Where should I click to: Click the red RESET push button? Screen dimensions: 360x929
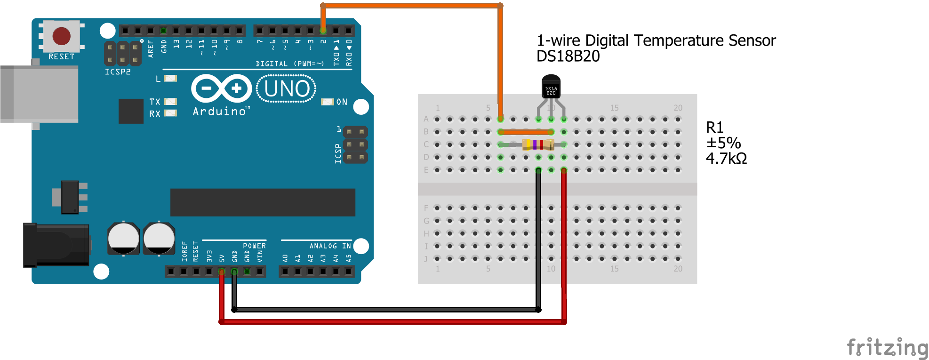[61, 36]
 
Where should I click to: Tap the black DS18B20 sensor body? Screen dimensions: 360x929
[551, 87]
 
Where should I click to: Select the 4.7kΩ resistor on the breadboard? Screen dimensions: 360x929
[538, 144]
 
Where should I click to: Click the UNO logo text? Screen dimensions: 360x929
[287, 89]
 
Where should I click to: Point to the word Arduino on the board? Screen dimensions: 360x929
[220, 112]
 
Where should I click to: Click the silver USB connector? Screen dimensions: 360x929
[40, 94]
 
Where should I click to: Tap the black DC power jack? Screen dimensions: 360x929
[56, 245]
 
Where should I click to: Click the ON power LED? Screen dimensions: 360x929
[327, 102]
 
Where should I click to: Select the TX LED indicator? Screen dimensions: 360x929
[170, 102]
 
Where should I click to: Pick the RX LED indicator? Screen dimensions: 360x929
[170, 113]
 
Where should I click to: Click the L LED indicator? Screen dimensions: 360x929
[170, 79]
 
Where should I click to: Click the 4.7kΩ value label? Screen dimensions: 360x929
[726, 159]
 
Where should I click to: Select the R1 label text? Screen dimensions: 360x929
[714, 128]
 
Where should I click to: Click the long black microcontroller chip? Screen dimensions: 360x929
[263, 202]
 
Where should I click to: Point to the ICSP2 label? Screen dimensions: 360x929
[118, 72]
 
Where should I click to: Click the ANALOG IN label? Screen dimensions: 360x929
[330, 246]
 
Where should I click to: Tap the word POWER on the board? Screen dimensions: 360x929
[254, 246]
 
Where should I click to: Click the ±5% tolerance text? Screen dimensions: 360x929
[723, 143]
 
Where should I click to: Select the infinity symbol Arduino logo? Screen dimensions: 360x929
[222, 88]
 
